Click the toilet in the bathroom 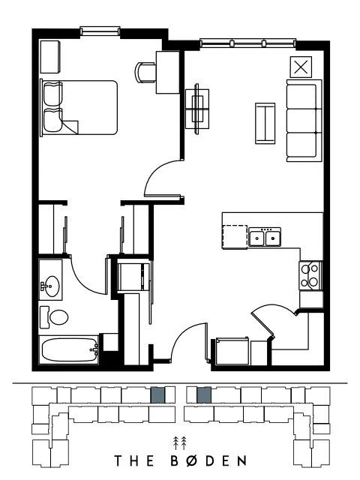55,317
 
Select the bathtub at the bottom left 69,350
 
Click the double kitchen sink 265,237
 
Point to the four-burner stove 310,275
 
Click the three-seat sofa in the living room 304,121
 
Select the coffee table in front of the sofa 265,123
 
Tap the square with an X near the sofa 301,67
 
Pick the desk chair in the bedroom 145,73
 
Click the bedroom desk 168,72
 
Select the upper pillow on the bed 53,94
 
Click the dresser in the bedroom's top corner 50,57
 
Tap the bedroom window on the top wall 100,31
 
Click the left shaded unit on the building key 158,395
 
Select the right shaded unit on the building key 204,395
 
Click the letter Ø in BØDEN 192,460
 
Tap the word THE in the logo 133,460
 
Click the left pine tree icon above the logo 175,443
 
